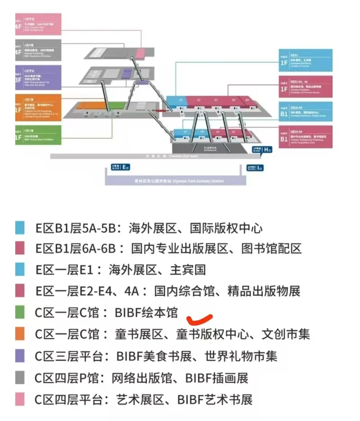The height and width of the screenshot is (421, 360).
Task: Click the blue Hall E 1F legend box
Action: [305, 60]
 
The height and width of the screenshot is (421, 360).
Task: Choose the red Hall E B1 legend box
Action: [305, 137]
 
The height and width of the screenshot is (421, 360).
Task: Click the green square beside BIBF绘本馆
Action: [20, 312]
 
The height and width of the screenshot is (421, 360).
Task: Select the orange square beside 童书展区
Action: [20, 334]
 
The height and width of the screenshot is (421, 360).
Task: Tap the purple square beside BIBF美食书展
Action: [20, 356]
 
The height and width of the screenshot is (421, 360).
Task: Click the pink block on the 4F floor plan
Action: [140, 53]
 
